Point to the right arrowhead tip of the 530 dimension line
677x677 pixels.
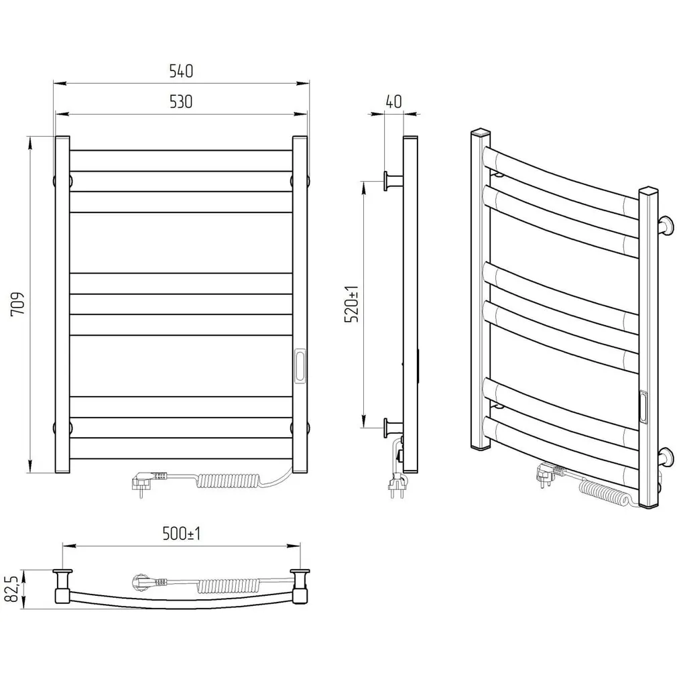pyautogui.click(x=307, y=115)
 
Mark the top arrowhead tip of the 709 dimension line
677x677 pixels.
pyautogui.click(x=29, y=137)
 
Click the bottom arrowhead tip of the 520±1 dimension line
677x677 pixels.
pyautogui.click(x=364, y=428)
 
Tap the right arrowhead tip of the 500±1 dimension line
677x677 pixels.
pyautogui.click(x=300, y=546)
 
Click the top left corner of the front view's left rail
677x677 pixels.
pyautogui.click(x=56, y=137)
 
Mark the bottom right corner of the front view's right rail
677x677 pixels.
pyautogui.click(x=307, y=473)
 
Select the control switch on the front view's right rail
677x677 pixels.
pyautogui.click(x=300, y=366)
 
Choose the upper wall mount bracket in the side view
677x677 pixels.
pyautogui.click(x=393, y=180)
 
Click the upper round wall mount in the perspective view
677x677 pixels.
pyautogui.click(x=665, y=227)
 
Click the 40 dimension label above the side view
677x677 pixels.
pyautogui.click(x=393, y=101)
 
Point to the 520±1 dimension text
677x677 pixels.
pyautogui.click(x=351, y=304)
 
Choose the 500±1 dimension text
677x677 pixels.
pyautogui.click(x=182, y=534)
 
